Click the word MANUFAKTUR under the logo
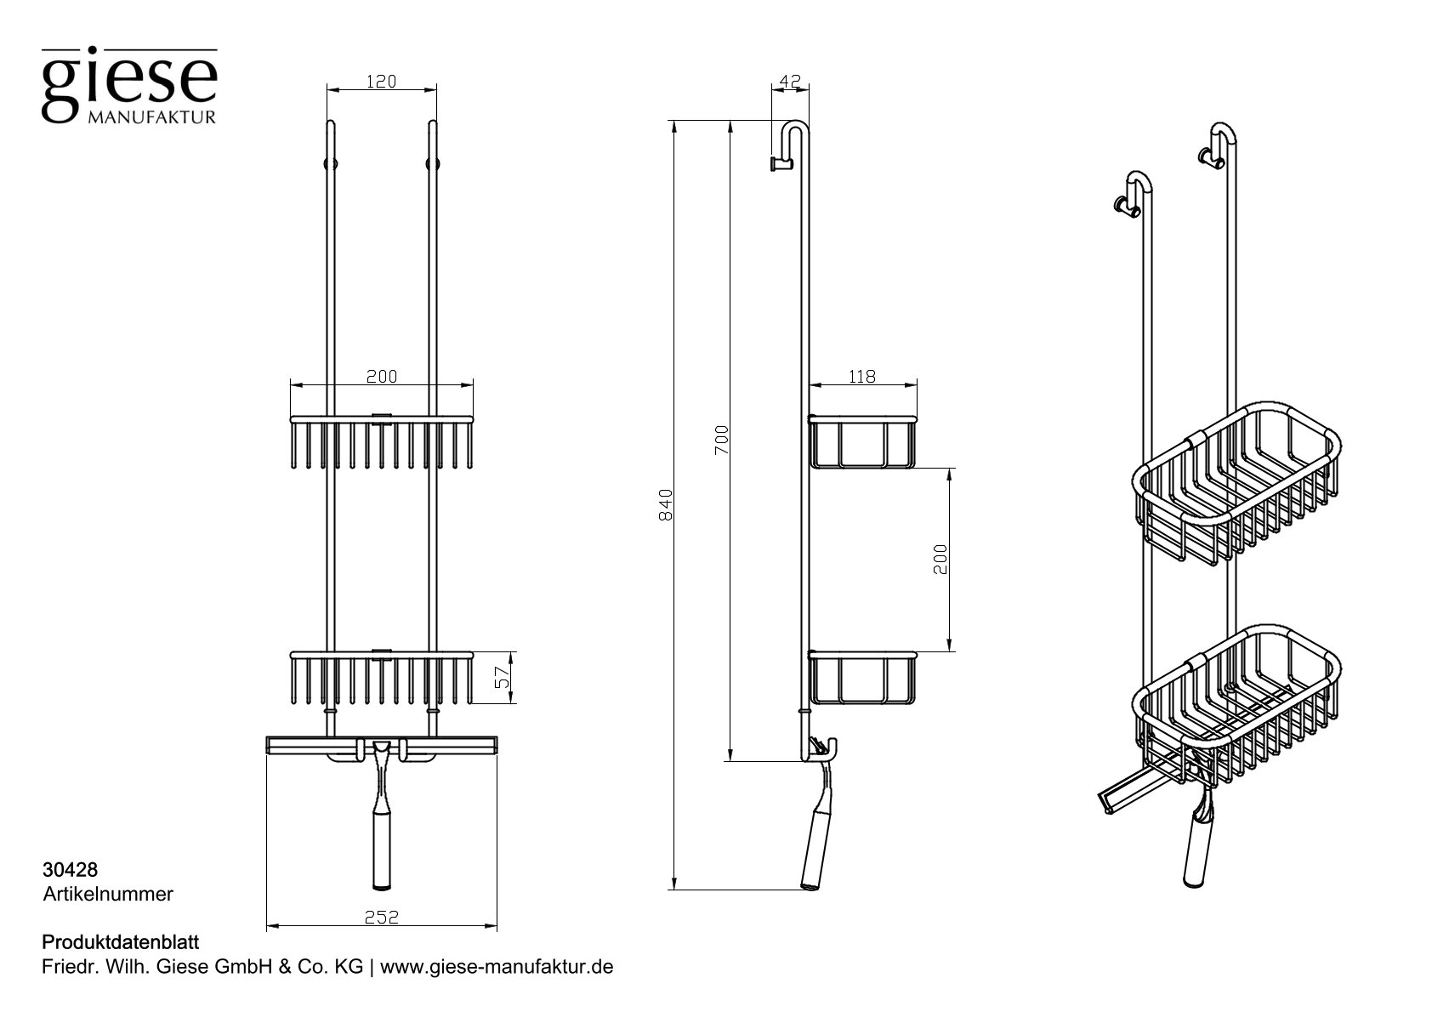[152, 117]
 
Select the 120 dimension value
[382, 82]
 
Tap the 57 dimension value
[503, 678]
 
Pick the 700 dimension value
[722, 440]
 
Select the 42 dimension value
[790, 82]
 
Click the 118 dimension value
[861, 377]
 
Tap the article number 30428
[70, 870]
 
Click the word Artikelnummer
[107, 894]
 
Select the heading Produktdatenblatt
[120, 942]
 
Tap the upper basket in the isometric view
[1237, 485]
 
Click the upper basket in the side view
[862, 441]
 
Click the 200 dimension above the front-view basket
[382, 377]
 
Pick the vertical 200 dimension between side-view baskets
[940, 559]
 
